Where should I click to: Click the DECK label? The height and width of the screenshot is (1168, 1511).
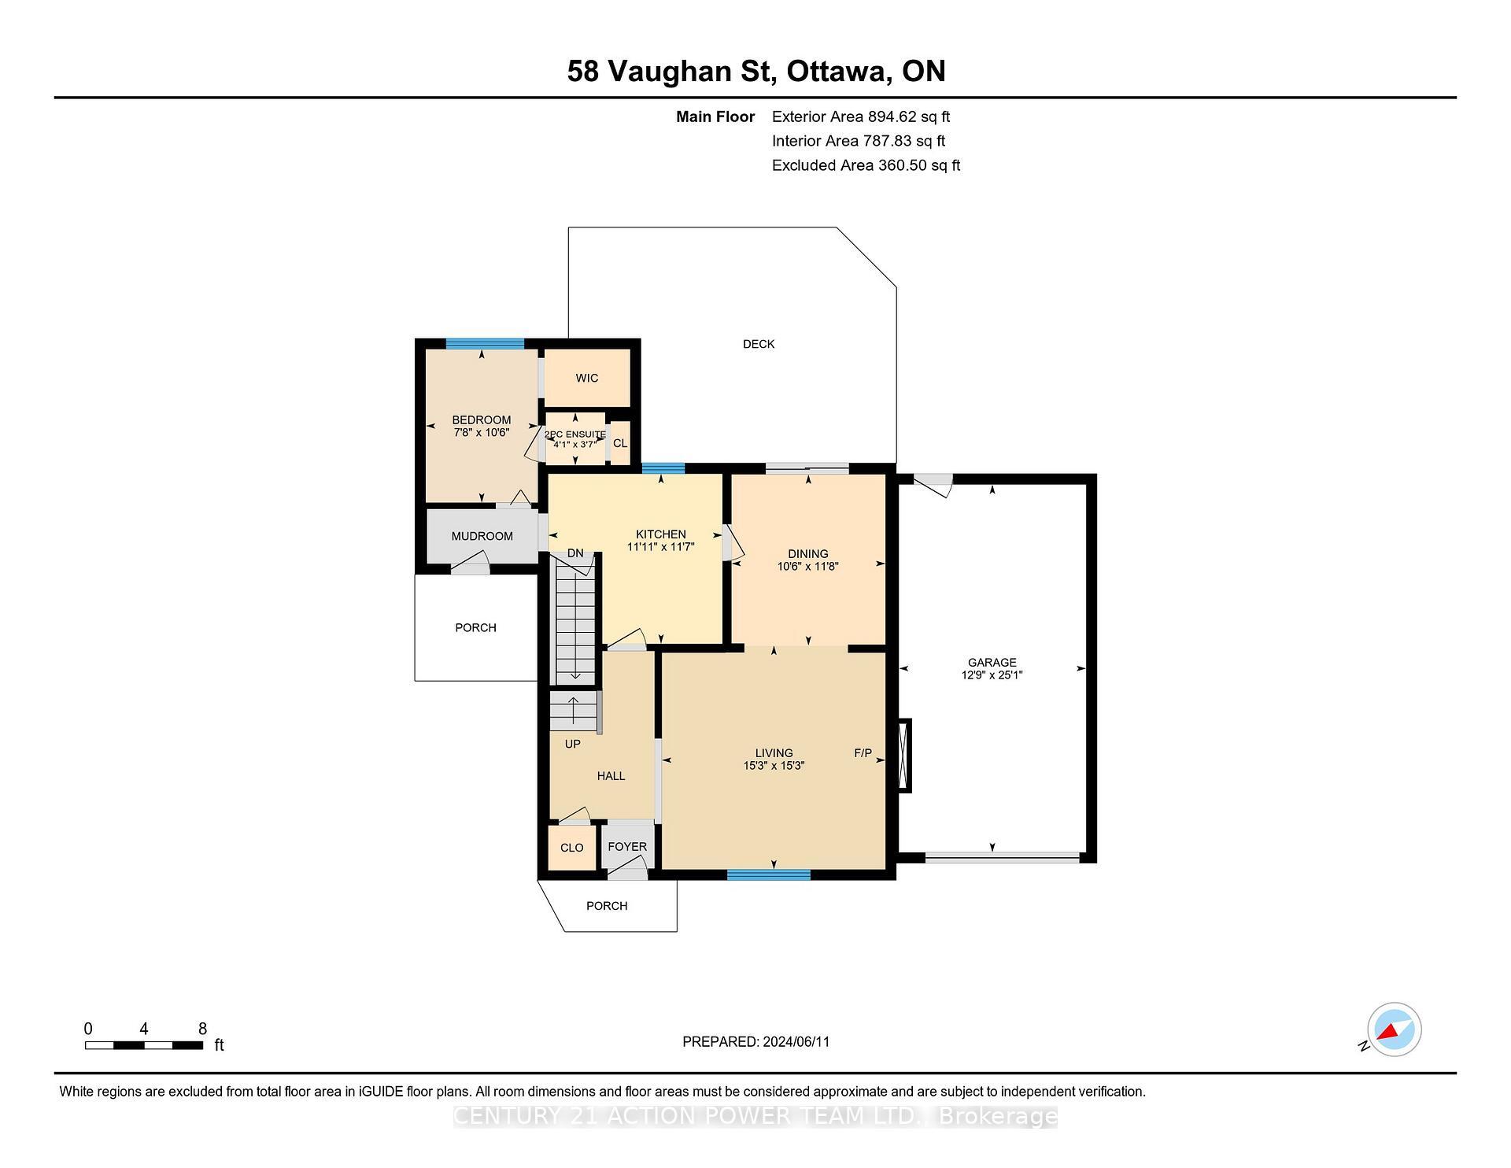pos(759,344)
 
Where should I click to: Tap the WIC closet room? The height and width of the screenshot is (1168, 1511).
pos(587,378)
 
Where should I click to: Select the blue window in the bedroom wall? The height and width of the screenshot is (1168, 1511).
pos(485,343)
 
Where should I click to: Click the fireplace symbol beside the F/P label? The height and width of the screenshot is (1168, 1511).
pos(905,756)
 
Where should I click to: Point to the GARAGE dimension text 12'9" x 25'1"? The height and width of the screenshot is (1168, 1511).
pos(992,675)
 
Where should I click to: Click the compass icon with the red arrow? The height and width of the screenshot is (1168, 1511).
pos(1394,1029)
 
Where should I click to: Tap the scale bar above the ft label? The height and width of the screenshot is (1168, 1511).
pos(144,1046)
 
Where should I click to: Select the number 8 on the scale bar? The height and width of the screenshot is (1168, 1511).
pos(202,1029)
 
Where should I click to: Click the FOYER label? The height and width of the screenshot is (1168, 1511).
pos(627,847)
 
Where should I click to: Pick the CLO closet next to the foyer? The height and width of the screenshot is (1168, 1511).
pos(572,848)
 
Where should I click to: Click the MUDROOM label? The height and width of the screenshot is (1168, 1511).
pos(482,536)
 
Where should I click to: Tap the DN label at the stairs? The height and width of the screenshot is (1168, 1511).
pos(575,553)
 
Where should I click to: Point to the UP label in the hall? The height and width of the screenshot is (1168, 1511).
pos(572,744)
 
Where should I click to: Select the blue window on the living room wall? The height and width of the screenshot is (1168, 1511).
pos(768,874)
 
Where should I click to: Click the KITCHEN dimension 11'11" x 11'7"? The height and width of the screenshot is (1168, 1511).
pos(661,546)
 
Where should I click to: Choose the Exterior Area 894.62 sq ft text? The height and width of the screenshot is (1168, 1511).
pos(860,117)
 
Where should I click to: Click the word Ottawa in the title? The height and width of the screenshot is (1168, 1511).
pos(839,72)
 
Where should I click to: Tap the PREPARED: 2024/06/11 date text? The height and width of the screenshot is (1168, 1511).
pos(755,1042)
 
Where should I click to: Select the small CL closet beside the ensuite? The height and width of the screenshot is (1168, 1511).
pos(620,443)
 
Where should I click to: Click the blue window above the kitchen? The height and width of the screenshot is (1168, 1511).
pos(663,468)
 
